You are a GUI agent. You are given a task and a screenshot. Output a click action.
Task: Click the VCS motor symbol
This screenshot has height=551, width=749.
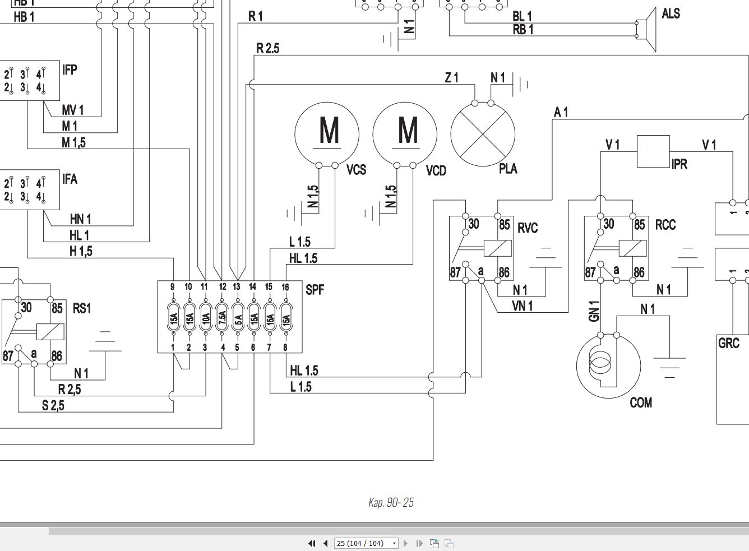[x=327, y=133]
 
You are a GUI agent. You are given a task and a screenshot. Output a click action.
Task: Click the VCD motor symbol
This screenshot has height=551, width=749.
[x=405, y=133]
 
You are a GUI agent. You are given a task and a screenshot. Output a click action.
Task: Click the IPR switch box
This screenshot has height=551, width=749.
[x=653, y=151]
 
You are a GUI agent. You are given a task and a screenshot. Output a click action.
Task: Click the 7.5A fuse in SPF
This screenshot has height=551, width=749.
[x=222, y=320]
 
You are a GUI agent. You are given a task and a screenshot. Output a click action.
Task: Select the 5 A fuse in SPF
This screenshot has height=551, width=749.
[x=238, y=320]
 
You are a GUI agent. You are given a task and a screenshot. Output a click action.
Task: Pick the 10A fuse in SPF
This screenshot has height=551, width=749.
[x=206, y=320]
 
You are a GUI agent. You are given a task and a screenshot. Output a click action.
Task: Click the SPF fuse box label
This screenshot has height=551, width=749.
[x=315, y=290]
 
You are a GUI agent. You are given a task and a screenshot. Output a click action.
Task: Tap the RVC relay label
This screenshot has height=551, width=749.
[x=528, y=228]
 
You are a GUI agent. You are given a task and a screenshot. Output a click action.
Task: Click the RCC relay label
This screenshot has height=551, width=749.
[x=665, y=225]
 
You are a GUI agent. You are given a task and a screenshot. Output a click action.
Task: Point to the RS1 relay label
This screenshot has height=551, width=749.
[x=82, y=308]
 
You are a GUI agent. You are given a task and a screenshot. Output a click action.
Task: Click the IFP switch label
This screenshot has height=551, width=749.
[x=70, y=70]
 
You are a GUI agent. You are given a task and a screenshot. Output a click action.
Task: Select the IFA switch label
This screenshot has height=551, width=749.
[x=70, y=179]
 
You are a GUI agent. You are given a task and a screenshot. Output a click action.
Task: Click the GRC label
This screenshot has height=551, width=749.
[x=729, y=342]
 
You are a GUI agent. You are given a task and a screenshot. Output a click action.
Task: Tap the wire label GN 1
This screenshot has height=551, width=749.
[x=594, y=311]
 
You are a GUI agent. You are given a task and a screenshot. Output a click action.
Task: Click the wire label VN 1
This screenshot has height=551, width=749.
[x=523, y=305]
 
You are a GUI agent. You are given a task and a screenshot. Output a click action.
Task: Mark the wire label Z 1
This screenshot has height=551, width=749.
[x=451, y=78]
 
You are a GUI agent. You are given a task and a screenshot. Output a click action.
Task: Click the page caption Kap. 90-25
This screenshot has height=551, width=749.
[x=391, y=502]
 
